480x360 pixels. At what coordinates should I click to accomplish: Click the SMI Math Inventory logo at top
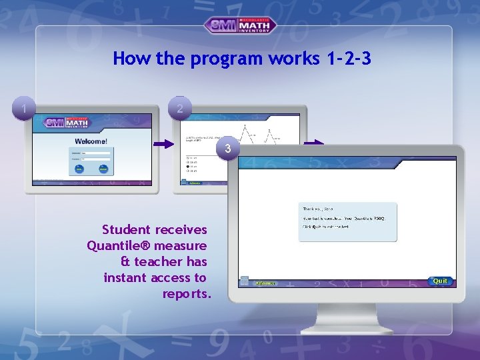click(240, 25)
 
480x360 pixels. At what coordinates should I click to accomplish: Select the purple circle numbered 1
click(24, 108)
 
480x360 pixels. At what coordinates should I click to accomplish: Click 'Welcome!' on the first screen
click(91, 141)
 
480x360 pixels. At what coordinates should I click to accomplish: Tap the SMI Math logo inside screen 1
click(67, 123)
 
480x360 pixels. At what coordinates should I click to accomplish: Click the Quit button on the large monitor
click(440, 281)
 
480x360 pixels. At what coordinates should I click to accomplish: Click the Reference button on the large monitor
click(265, 282)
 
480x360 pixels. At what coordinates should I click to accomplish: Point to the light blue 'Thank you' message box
click(347, 221)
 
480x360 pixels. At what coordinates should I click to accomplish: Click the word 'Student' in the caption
click(121, 230)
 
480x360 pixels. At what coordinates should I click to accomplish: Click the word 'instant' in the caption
click(125, 278)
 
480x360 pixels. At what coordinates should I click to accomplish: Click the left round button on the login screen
click(79, 169)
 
